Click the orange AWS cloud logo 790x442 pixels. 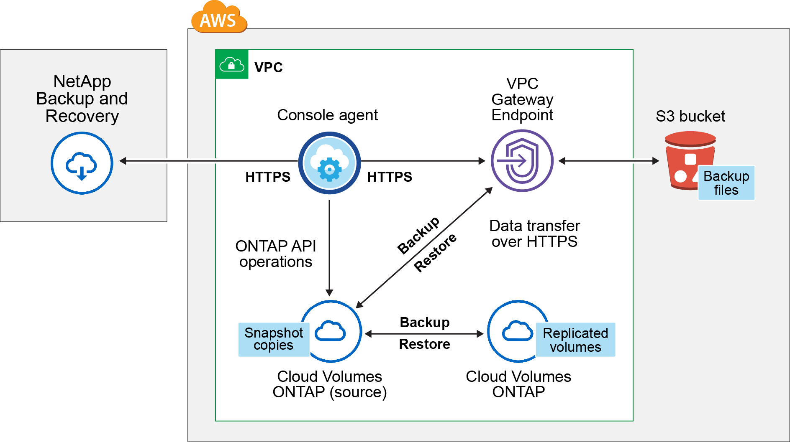pyautogui.click(x=219, y=18)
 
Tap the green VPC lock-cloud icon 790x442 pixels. pyautogui.click(x=232, y=65)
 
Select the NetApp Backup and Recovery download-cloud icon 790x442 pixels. pyautogui.click(x=82, y=163)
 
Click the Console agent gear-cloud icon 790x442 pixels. pyautogui.click(x=329, y=163)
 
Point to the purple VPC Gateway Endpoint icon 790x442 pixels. pyautogui.click(x=522, y=161)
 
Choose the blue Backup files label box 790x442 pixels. pyautogui.click(x=726, y=183)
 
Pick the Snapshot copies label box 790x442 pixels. pyautogui.click(x=274, y=339)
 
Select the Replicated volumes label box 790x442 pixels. pyautogui.click(x=575, y=340)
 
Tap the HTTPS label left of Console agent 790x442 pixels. pyautogui.click(x=268, y=177)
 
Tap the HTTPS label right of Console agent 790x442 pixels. pyautogui.click(x=390, y=177)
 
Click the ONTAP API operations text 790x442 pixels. pyautogui.click(x=276, y=254)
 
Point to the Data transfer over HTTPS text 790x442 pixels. pyautogui.click(x=534, y=234)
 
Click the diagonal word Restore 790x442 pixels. pyautogui.click(x=435, y=253)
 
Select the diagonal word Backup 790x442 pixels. pyautogui.click(x=418, y=235)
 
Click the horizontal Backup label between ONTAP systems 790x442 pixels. pyautogui.click(x=425, y=323)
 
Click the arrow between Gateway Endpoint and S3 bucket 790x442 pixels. pyautogui.click(x=609, y=161)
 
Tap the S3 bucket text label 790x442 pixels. pyautogui.click(x=690, y=116)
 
